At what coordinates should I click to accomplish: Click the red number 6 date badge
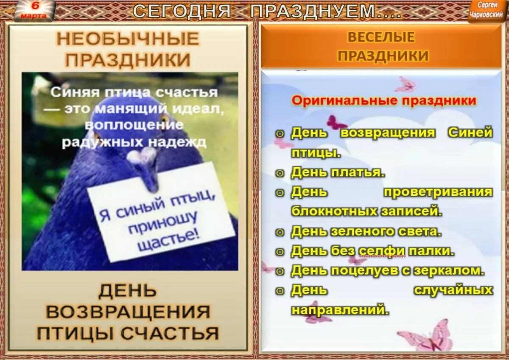(34, 10)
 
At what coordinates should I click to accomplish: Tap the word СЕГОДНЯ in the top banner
(182, 11)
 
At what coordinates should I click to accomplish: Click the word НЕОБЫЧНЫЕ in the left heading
(128, 39)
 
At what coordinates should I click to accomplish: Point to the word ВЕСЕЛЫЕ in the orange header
(381, 37)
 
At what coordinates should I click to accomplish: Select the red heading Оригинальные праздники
(384, 101)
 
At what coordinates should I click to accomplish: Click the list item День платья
(338, 172)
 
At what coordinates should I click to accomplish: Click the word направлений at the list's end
(340, 309)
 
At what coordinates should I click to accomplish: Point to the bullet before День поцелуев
(280, 271)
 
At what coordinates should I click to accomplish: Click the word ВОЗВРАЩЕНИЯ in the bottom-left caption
(128, 312)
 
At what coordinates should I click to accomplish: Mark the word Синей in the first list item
(470, 132)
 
